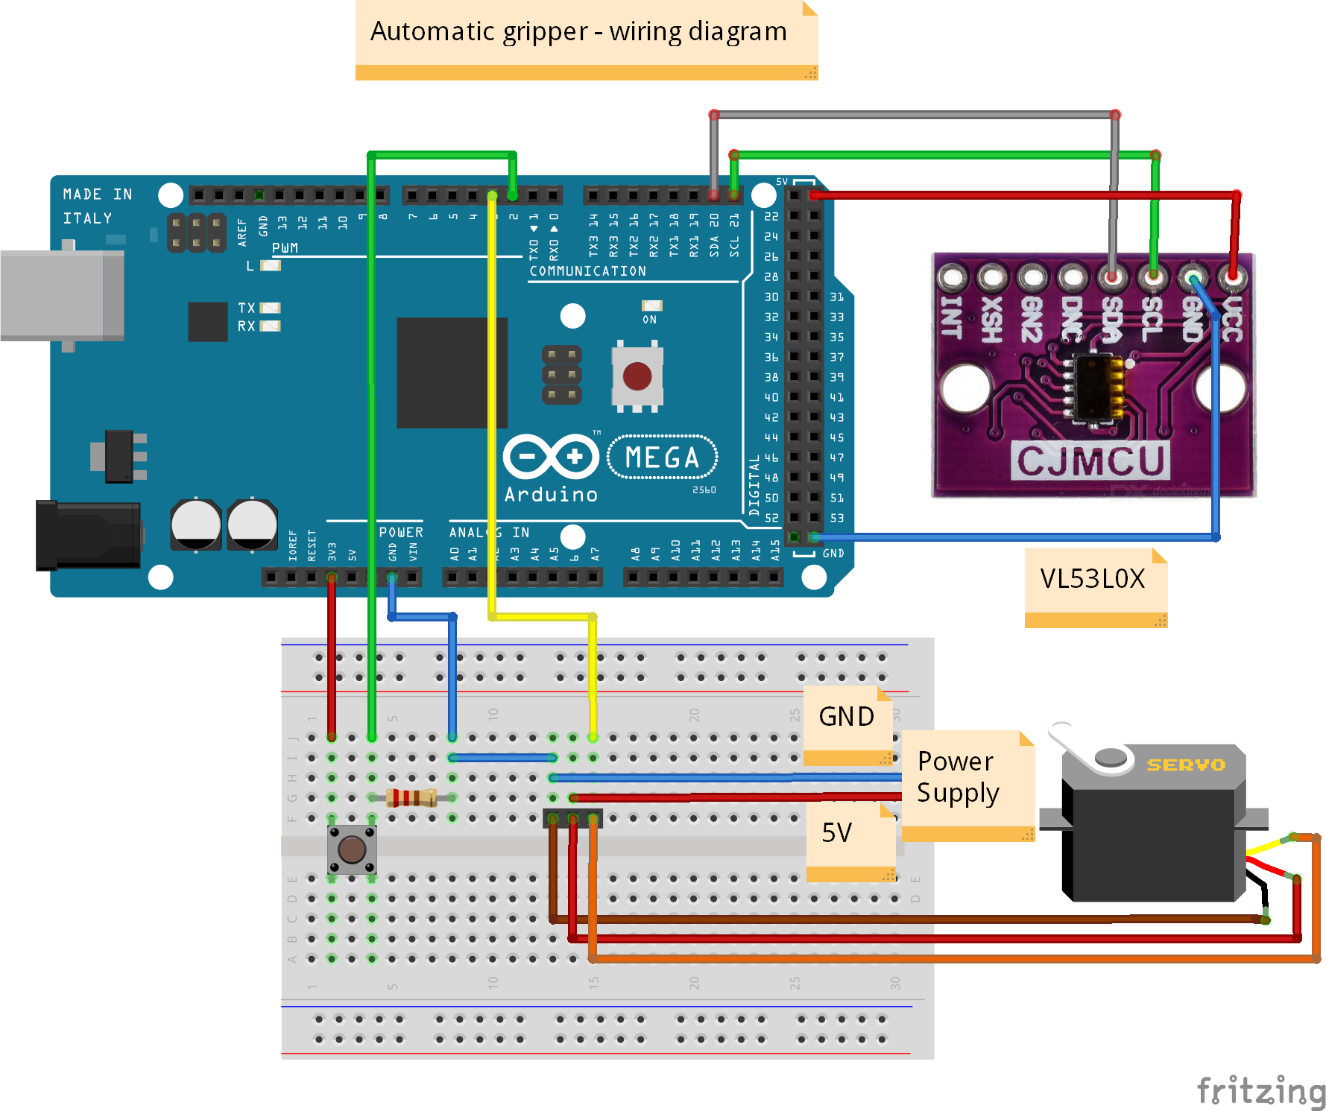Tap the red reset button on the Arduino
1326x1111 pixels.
coord(637,376)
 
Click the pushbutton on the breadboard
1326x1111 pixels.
coord(352,849)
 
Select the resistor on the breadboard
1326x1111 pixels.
coord(411,798)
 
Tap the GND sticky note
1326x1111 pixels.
coord(847,718)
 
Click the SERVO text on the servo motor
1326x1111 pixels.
coord(1185,765)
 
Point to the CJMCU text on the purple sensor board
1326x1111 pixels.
coord(1090,460)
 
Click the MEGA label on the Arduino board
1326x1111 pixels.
coord(662,458)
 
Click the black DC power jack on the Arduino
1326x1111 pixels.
coord(88,535)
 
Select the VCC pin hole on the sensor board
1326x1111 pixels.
coord(1232,278)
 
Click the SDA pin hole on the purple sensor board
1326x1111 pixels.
coord(1111,278)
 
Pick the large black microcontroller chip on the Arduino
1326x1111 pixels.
coord(451,373)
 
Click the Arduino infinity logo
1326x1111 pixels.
coord(551,456)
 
